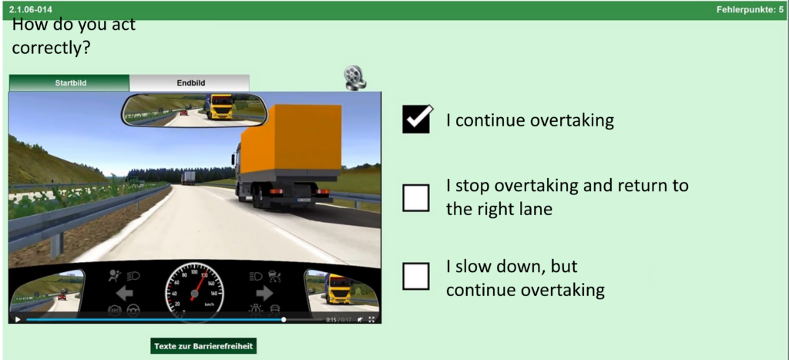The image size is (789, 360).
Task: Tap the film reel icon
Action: point(355,78)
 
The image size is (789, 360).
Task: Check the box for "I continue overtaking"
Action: point(416,119)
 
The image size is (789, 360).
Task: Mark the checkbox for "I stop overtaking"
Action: point(416,198)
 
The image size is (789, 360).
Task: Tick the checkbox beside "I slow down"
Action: point(416,277)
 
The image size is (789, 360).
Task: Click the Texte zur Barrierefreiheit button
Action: point(203,346)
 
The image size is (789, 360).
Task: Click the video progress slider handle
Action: point(284,319)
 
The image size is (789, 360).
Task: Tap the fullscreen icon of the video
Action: point(372,319)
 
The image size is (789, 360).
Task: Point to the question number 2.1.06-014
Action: point(31,9)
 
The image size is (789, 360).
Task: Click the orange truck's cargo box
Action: point(291,139)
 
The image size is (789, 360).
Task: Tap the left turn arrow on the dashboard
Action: point(124,293)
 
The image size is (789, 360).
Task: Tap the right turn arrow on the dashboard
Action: point(264,293)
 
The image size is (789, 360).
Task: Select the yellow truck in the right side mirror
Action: point(340,288)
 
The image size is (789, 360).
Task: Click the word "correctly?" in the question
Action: point(51,48)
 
